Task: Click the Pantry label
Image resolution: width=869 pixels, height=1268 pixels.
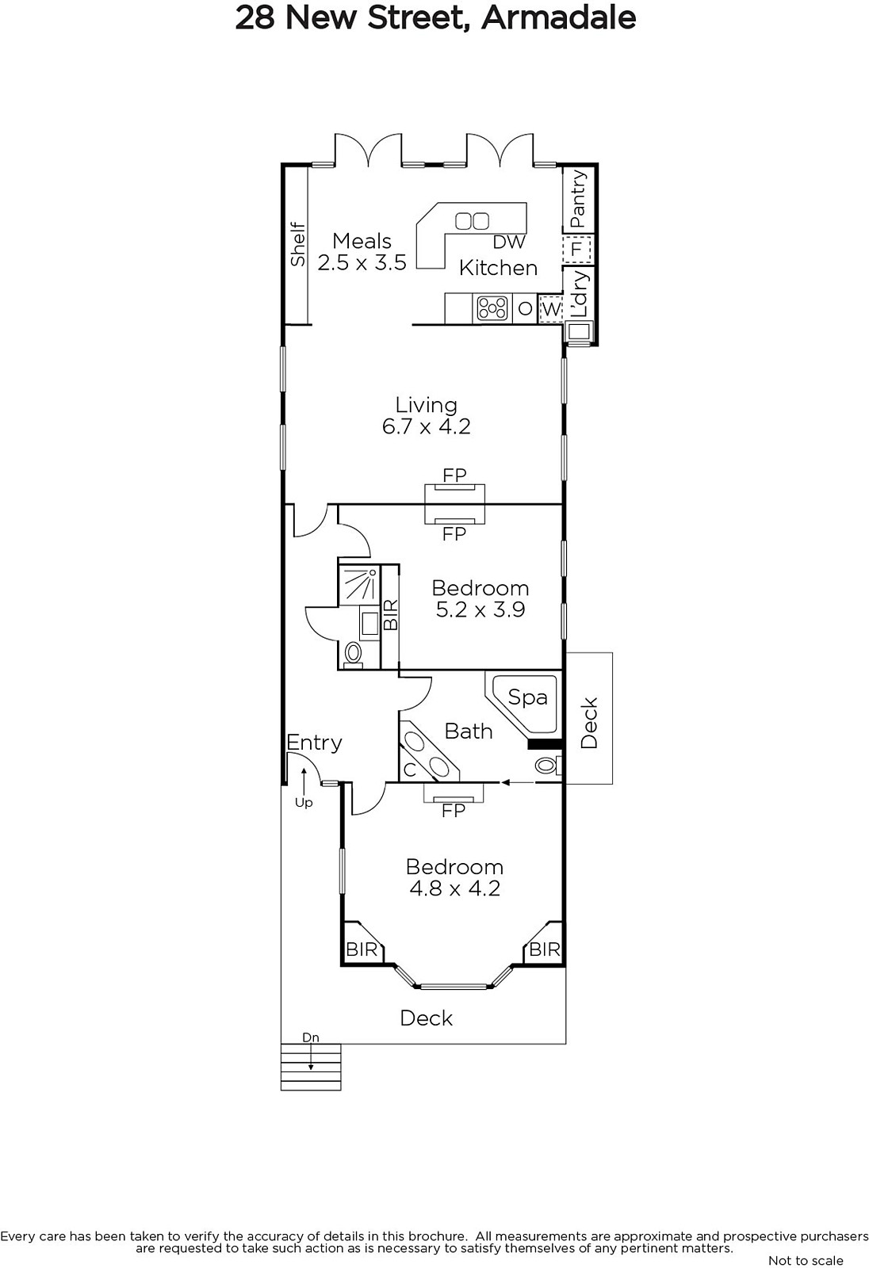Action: coord(578,199)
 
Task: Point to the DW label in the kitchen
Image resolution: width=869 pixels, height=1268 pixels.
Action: coord(509,243)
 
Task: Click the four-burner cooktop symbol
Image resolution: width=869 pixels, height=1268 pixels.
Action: coord(492,308)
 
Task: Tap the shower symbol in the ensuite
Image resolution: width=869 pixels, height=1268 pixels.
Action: coord(359,584)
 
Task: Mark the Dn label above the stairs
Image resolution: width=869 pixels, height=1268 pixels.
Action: coord(311,1037)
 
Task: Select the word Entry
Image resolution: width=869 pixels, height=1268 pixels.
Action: coord(315,742)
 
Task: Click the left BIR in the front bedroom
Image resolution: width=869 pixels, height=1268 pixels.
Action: coord(362,949)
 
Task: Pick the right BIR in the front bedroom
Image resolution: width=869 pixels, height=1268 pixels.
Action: coord(545,949)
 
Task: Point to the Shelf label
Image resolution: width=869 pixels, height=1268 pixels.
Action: coord(297,245)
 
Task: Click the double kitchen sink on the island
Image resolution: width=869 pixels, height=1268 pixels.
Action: coord(473,220)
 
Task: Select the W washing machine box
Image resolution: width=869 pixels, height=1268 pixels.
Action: coord(550,309)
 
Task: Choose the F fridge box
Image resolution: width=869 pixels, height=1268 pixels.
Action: coord(577,249)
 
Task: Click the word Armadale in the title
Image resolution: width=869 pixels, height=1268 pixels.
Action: coord(558,17)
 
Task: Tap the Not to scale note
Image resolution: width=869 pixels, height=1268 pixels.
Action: coord(806,1260)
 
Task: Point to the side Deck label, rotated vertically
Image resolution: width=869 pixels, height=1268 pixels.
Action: coord(589,724)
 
